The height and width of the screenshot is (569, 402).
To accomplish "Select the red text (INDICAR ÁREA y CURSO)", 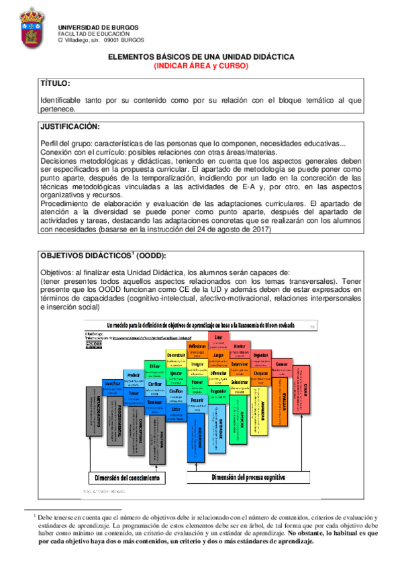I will (x=201, y=66).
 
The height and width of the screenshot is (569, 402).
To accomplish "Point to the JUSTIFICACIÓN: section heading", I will (x=70, y=127).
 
